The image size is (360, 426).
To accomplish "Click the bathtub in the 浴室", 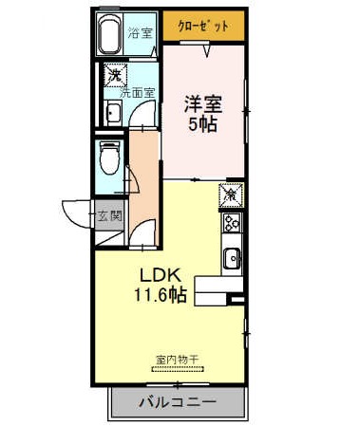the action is tap(109, 34).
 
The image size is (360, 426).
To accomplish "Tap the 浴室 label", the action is tap(141, 32).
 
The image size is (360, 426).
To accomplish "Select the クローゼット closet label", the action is tap(203, 26).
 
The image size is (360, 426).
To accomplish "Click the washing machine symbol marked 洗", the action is tap(115, 75).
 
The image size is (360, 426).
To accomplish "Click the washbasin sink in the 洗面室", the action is tap(113, 113).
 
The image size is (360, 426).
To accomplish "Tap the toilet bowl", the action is tap(109, 157).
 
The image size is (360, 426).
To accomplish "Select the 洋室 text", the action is tap(203, 104).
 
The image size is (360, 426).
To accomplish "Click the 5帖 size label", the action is tap(203, 123).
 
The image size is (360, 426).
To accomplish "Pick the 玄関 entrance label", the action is tap(109, 215).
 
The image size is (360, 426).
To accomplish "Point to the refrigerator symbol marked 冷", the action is tap(232, 195).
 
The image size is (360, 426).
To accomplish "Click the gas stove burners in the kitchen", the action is tap(233, 222).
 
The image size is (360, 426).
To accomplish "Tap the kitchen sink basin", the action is tap(233, 258).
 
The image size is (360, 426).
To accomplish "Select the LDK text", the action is tap(161, 275).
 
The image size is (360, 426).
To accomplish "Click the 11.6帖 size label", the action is tap(161, 295).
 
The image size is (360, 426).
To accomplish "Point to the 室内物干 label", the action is tap(177, 360).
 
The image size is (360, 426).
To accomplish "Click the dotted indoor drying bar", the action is tap(179, 369).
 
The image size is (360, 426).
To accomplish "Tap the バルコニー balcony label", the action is tap(178, 402).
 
